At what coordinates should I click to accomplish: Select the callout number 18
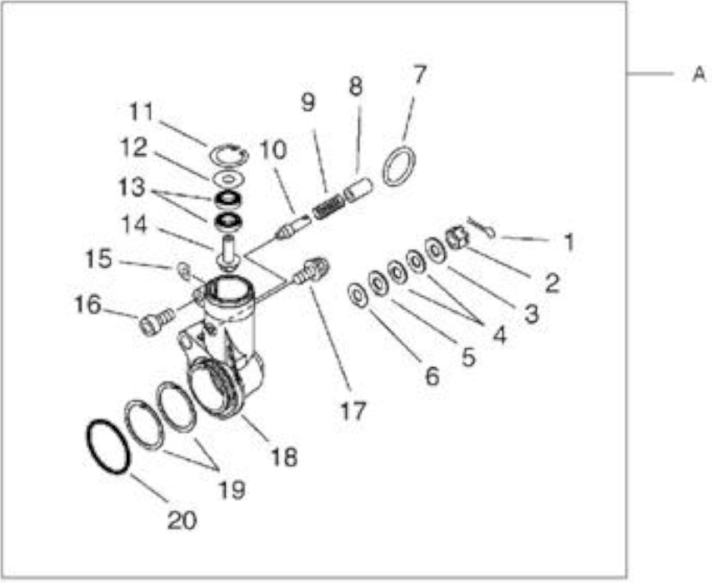click(284, 457)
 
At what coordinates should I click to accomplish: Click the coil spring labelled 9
click(328, 208)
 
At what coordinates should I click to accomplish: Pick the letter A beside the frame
click(698, 74)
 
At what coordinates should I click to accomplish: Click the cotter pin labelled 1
click(482, 227)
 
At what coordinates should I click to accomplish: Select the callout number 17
click(353, 410)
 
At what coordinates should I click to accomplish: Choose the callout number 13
click(132, 187)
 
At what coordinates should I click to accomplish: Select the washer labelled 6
click(358, 296)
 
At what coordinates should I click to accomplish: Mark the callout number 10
click(274, 150)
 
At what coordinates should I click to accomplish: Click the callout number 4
click(500, 335)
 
